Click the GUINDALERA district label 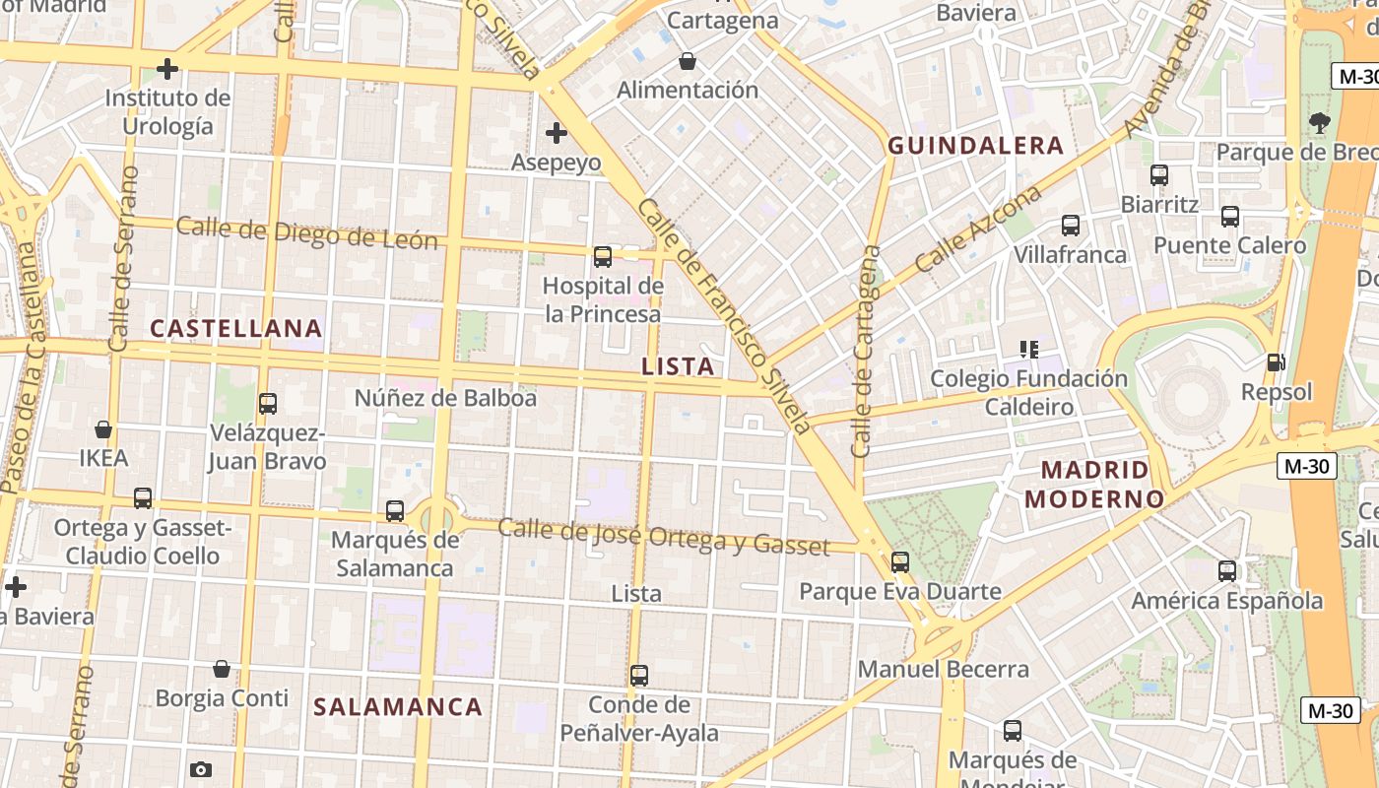click(x=976, y=146)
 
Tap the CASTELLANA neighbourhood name click(x=236, y=328)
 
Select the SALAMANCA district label click(x=398, y=706)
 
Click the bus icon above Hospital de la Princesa click(x=603, y=257)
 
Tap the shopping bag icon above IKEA click(x=103, y=429)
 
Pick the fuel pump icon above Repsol click(x=1277, y=362)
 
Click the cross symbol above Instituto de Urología click(x=167, y=69)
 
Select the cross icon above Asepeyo click(x=557, y=132)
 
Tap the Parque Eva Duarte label click(x=900, y=592)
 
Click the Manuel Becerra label click(x=944, y=670)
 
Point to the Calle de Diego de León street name click(x=306, y=233)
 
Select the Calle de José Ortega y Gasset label click(x=664, y=536)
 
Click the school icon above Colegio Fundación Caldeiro click(x=1029, y=349)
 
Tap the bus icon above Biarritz click(x=1159, y=175)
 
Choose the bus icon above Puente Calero click(x=1230, y=217)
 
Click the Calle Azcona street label click(x=978, y=230)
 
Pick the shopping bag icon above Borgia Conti click(x=222, y=669)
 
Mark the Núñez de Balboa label click(x=445, y=398)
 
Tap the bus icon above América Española click(x=1227, y=570)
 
